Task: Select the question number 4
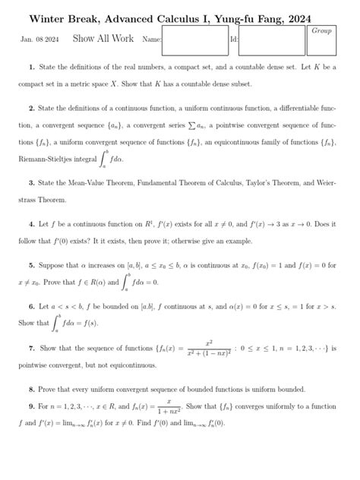pyautogui.click(x=31, y=225)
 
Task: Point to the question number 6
pyautogui.click(x=31, y=306)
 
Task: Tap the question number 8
pyautogui.click(x=31, y=389)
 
